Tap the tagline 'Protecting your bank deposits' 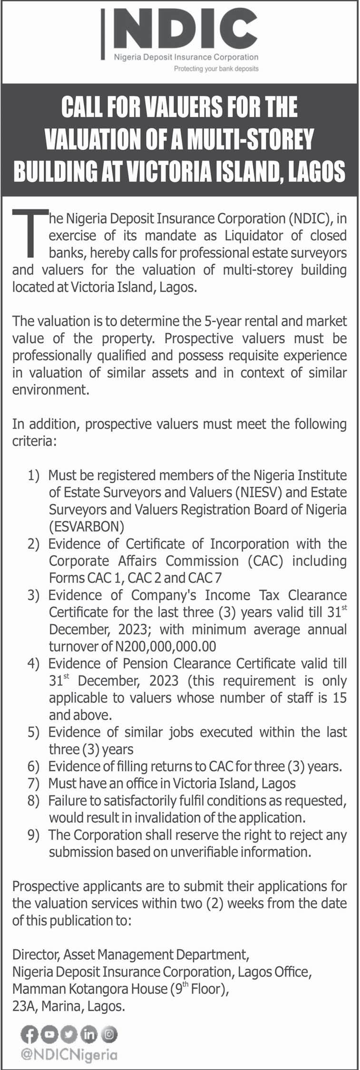pyautogui.click(x=216, y=68)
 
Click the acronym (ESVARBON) pyautogui.click(x=87, y=526)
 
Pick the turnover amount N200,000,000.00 pyautogui.click(x=165, y=646)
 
